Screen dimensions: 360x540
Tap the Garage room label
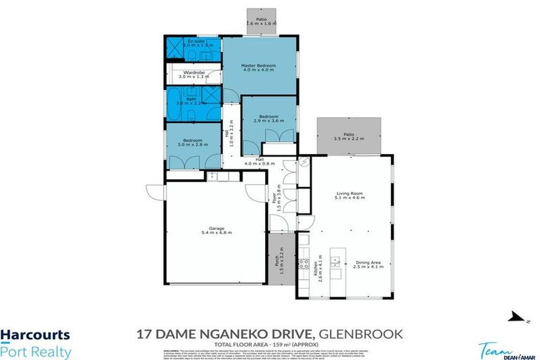(216, 229)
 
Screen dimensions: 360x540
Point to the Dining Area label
(368, 262)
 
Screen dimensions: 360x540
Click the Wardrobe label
(193, 75)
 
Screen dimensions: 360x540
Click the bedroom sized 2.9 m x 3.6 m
(269, 119)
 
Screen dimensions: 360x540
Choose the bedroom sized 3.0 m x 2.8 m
(193, 143)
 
